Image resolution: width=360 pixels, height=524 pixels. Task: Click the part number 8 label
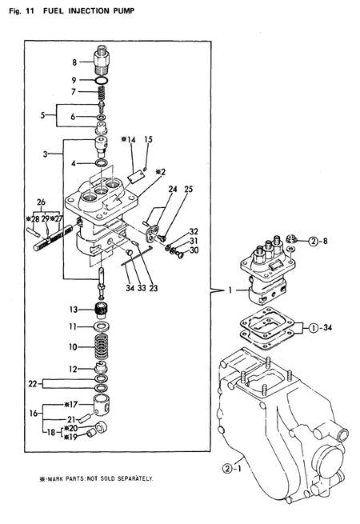point(74,62)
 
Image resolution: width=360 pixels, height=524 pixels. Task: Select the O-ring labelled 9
point(102,81)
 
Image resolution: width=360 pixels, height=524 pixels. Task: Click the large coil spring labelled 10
point(102,347)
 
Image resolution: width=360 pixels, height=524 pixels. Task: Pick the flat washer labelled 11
point(102,327)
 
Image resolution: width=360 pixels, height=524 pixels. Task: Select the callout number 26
point(41,202)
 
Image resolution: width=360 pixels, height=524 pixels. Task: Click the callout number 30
point(196,250)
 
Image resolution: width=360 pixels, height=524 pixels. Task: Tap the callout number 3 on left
point(46,151)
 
